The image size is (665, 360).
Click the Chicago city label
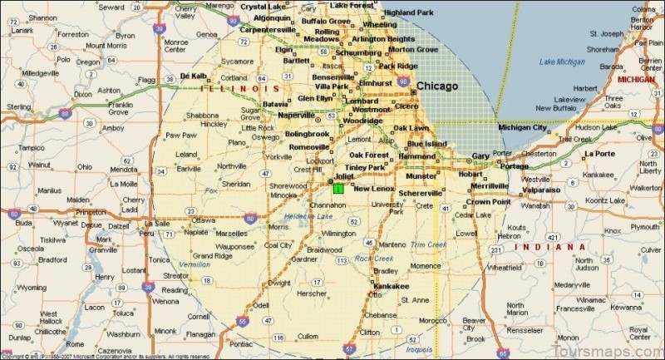pos(437,86)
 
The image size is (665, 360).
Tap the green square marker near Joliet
pos(338,189)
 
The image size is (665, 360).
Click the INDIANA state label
pos(550,248)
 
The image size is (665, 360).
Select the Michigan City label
pos(523,127)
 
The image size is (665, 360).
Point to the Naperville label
pos(296,115)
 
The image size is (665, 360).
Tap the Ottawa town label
pos(203,219)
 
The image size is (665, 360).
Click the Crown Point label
pos(487,202)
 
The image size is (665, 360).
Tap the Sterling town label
pos(18,107)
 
